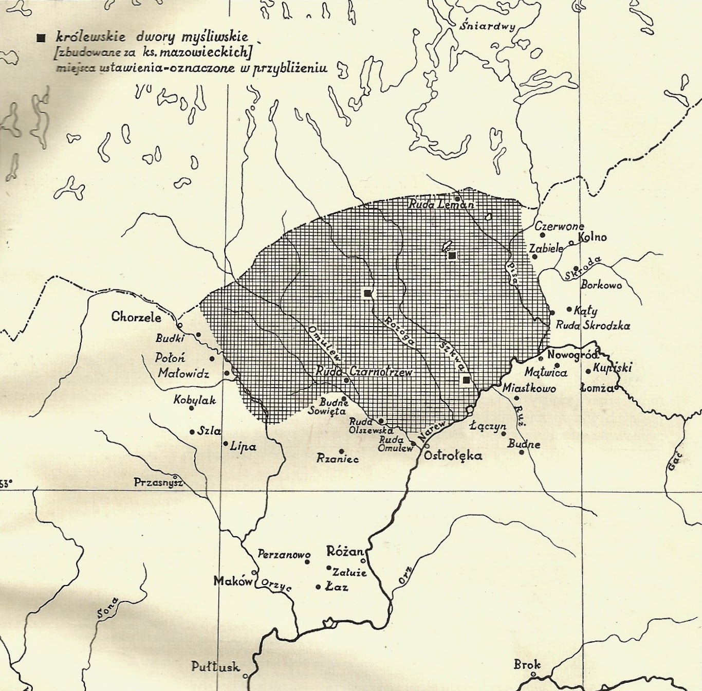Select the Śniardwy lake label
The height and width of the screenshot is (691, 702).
pyautogui.click(x=487, y=27)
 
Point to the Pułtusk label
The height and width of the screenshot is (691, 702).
pyautogui.click(x=215, y=667)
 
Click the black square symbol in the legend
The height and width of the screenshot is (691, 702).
pyautogui.click(x=41, y=38)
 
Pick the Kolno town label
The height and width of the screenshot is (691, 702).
pyautogui.click(x=593, y=237)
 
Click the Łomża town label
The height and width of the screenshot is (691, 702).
pyautogui.click(x=596, y=388)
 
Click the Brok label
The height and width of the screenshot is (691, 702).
pyautogui.click(x=527, y=665)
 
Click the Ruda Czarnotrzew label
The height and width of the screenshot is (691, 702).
pyautogui.click(x=364, y=371)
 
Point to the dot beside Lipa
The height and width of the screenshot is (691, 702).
pyautogui.click(x=225, y=443)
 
